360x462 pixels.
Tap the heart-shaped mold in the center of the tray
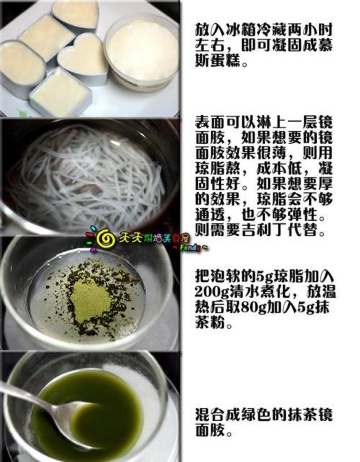click(x=83, y=58)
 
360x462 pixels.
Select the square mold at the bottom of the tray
click(x=60, y=93)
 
